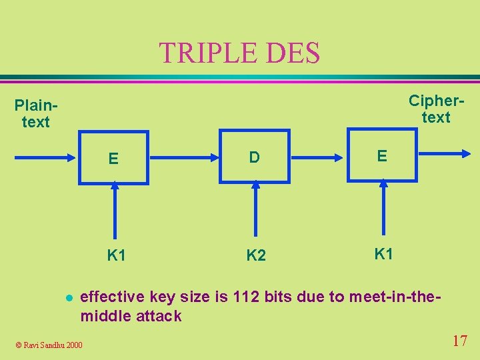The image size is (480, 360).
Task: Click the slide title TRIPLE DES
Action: pyautogui.click(x=239, y=53)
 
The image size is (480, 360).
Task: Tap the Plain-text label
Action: pyautogui.click(x=35, y=113)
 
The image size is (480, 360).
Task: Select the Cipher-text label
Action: pyautogui.click(x=436, y=109)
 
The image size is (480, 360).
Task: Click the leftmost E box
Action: pyautogui.click(x=114, y=158)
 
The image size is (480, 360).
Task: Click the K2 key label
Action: pyautogui.click(x=256, y=255)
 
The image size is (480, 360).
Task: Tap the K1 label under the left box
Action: pyautogui.click(x=117, y=255)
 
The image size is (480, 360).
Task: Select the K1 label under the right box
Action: pyautogui.click(x=383, y=253)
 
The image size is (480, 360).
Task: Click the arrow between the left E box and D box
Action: pyautogui.click(x=183, y=157)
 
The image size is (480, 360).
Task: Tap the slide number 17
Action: pyautogui.click(x=459, y=341)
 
